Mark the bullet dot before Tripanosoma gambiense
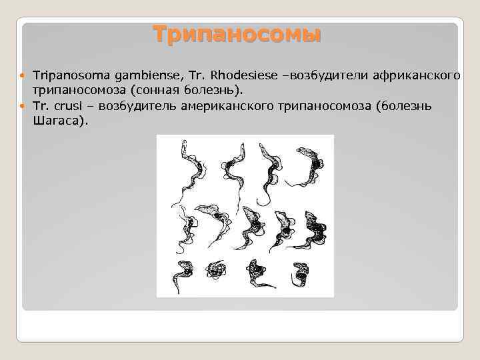coord(23,73)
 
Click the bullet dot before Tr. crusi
coord(23,107)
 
